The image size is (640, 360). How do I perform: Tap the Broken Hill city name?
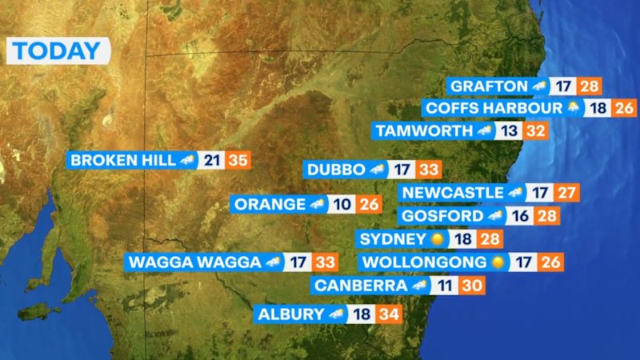pos(122,160)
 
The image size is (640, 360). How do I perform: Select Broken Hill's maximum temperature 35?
pos(238,160)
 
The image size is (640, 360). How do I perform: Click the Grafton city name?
pos(488,86)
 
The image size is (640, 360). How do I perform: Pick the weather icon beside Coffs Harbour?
pos(573,108)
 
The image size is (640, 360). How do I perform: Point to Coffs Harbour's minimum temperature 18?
pos(598,108)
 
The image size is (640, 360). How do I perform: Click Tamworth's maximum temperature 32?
pos(535,130)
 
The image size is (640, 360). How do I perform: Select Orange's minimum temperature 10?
pos(342,204)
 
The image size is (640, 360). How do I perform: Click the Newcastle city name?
pos(453,193)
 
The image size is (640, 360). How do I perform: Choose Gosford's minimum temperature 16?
pos(522,216)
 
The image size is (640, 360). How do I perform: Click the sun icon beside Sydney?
pos(437,239)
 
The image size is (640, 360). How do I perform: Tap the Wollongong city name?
pos(424,262)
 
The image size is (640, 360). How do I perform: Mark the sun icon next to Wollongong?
pos(498,262)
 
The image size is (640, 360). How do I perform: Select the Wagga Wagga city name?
pos(194,262)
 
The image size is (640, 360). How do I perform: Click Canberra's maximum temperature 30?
pos(471,286)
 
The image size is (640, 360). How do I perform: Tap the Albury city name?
pos(290,314)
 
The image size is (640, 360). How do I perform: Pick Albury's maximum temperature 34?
pos(389,314)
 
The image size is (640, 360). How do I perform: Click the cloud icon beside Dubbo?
pos(378,170)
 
